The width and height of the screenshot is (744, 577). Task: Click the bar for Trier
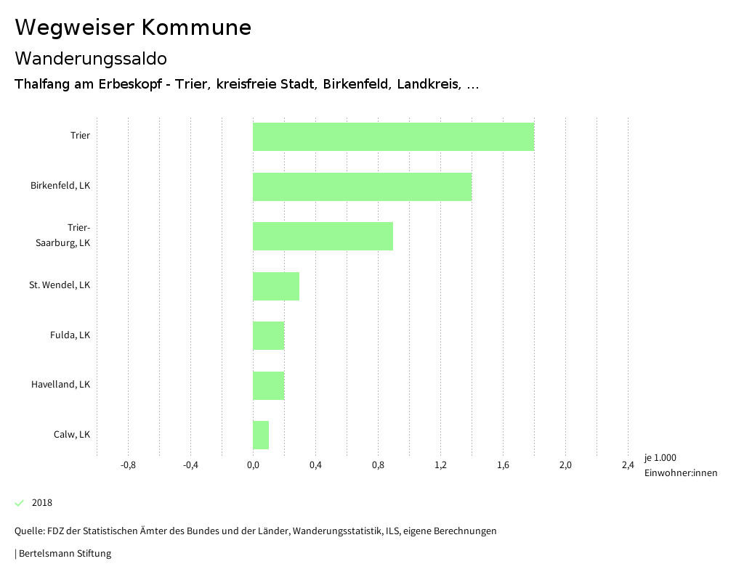[393, 136]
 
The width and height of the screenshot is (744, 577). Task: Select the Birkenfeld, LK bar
[362, 187]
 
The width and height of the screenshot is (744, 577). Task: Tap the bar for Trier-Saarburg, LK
[323, 236]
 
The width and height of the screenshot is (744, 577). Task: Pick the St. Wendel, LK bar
[276, 286]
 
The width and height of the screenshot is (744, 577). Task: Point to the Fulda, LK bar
[268, 335]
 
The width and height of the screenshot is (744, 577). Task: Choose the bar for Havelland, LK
[268, 385]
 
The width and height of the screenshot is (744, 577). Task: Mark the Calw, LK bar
[261, 435]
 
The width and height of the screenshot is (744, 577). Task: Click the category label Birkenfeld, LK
[60, 186]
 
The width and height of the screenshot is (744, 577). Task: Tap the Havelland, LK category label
[60, 385]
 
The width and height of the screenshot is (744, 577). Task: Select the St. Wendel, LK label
[60, 285]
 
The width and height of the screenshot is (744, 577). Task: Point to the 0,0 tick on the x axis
[253, 465]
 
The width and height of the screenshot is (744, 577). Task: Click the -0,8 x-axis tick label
[128, 465]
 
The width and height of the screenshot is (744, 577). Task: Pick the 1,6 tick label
[503, 465]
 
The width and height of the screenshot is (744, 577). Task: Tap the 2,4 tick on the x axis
[628, 465]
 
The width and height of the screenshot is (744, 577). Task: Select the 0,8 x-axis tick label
[378, 465]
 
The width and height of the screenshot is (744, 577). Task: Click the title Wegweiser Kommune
[133, 28]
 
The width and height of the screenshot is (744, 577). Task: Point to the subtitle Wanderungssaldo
[91, 58]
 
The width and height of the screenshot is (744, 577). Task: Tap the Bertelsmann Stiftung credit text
[64, 554]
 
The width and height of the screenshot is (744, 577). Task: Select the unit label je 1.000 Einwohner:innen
[680, 465]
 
